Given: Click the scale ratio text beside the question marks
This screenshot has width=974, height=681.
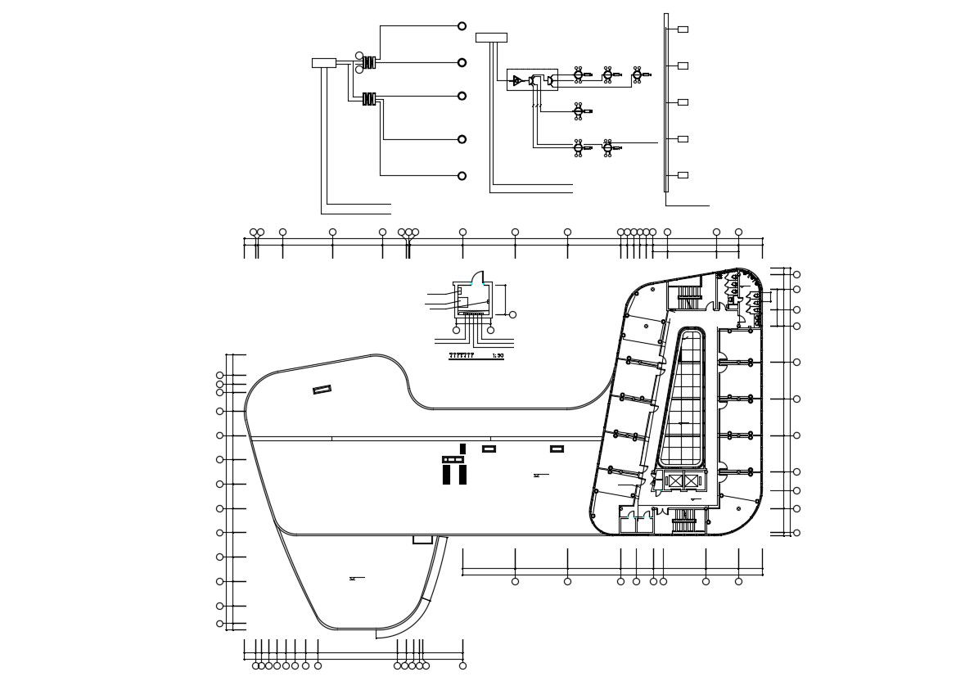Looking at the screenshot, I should pyautogui.click(x=498, y=356).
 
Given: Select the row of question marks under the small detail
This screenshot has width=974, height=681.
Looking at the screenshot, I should pyautogui.click(x=461, y=356).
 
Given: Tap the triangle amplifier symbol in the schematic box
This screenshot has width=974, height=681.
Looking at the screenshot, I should pyautogui.click(x=517, y=80).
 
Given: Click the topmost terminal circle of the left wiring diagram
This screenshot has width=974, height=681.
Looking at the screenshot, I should pyautogui.click(x=462, y=26).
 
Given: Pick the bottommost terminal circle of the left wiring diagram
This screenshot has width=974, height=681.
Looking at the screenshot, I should pyautogui.click(x=462, y=176).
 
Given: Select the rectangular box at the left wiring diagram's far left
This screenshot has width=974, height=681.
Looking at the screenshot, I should pyautogui.click(x=324, y=63).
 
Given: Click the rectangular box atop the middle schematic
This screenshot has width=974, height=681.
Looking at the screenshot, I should pyautogui.click(x=491, y=38).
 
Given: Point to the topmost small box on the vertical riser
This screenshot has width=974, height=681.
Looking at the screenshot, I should pyautogui.click(x=683, y=29).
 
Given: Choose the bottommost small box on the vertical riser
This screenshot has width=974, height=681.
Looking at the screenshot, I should pyautogui.click(x=683, y=175).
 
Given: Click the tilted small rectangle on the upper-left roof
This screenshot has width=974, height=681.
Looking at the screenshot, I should pyautogui.click(x=322, y=390).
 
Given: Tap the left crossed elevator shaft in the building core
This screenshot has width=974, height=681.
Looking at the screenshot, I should pyautogui.click(x=675, y=481).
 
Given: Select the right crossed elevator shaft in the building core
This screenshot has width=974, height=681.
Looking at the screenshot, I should pyautogui.click(x=692, y=481).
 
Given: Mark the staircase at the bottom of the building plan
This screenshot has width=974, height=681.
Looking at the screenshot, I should pyautogui.click(x=689, y=521).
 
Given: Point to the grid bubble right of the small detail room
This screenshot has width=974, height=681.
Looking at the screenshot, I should pyautogui.click(x=513, y=314).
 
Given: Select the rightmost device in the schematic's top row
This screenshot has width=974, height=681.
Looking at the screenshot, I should pyautogui.click(x=638, y=75).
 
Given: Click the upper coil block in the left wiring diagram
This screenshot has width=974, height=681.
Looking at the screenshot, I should pyautogui.click(x=370, y=61).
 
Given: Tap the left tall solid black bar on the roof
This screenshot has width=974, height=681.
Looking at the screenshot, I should pyautogui.click(x=447, y=475).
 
